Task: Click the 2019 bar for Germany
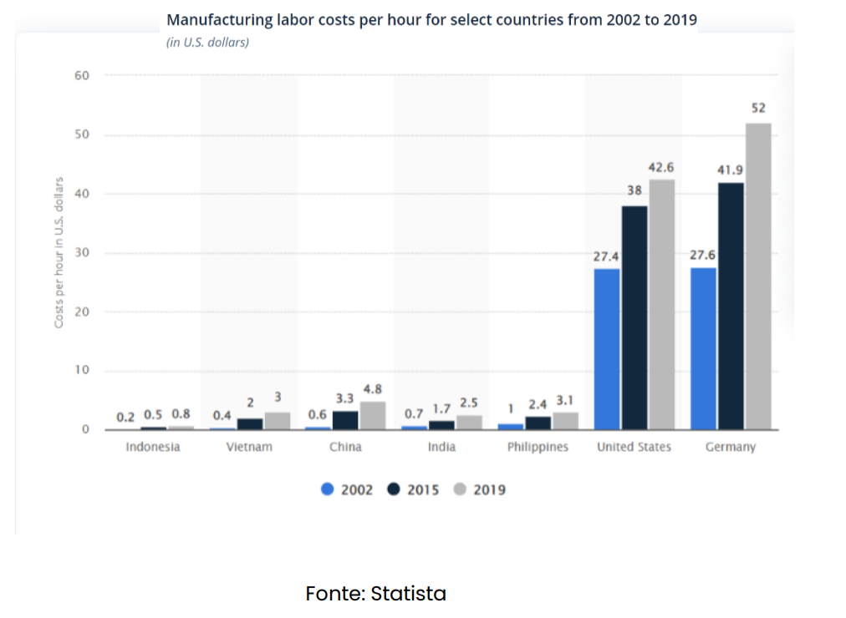pyautogui.click(x=758, y=276)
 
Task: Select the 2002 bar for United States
pyautogui.click(x=607, y=348)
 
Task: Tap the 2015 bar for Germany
pyautogui.click(x=731, y=306)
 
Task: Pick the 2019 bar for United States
pyautogui.click(x=662, y=304)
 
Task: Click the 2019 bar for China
pyautogui.click(x=373, y=416)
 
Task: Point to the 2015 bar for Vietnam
pyautogui.click(x=250, y=423)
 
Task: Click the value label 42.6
pyautogui.click(x=661, y=168)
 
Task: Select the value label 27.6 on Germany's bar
pyautogui.click(x=702, y=255)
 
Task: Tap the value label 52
pyautogui.click(x=758, y=109)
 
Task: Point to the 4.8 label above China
pyautogui.click(x=373, y=389)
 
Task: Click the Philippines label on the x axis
pyautogui.click(x=538, y=447)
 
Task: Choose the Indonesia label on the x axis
pyautogui.click(x=153, y=447)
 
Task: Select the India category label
pyautogui.click(x=441, y=447)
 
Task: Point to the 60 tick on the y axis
pyautogui.click(x=82, y=75)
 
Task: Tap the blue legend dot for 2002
pyautogui.click(x=328, y=489)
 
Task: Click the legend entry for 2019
pyautogui.click(x=480, y=489)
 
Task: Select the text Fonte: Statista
pyautogui.click(x=376, y=594)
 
